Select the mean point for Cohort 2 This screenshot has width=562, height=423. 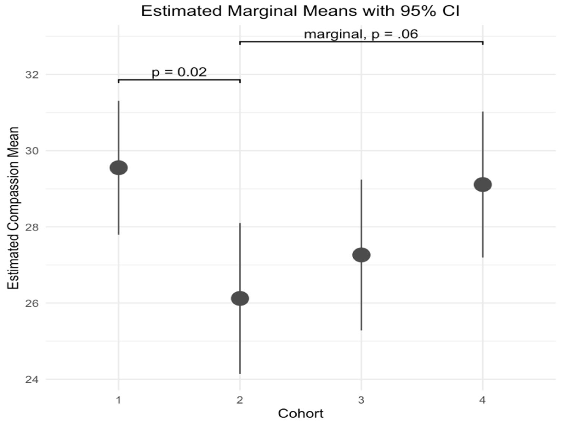[x=240, y=298]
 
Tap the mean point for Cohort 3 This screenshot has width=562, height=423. [x=361, y=255]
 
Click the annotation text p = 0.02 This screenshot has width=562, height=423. [x=179, y=72]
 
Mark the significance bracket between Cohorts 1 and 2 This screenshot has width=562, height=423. [x=179, y=80]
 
